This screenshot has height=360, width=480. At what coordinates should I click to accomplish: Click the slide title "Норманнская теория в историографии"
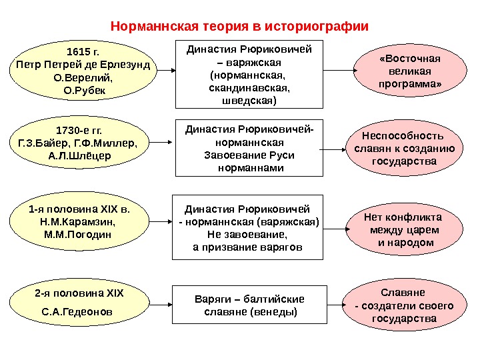click(x=239, y=27)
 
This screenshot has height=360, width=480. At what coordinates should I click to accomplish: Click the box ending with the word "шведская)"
click(x=249, y=73)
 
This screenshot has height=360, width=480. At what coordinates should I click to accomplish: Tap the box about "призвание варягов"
click(x=247, y=228)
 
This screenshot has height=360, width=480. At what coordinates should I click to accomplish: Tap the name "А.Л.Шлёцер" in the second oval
click(x=81, y=155)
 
